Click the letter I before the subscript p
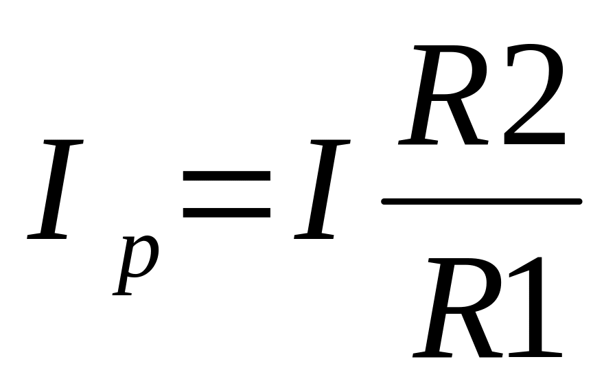[55, 189]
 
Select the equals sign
[226, 196]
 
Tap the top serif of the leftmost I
[63, 142]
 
